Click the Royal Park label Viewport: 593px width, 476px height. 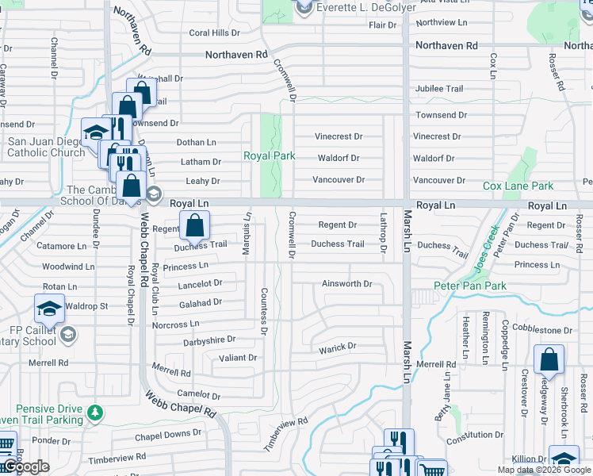coord(269,156)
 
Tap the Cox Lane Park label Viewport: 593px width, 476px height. coord(518,186)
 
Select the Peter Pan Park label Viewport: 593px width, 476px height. coord(469,285)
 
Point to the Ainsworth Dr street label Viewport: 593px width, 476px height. coord(346,283)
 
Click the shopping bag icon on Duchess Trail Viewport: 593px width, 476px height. coord(195,226)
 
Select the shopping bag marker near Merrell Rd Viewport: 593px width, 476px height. coord(549,360)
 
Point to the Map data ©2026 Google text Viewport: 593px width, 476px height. coord(543,470)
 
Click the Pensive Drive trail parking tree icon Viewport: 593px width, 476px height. coord(95,413)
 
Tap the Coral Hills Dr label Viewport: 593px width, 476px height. coord(214,33)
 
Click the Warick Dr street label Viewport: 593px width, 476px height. coord(338,347)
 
